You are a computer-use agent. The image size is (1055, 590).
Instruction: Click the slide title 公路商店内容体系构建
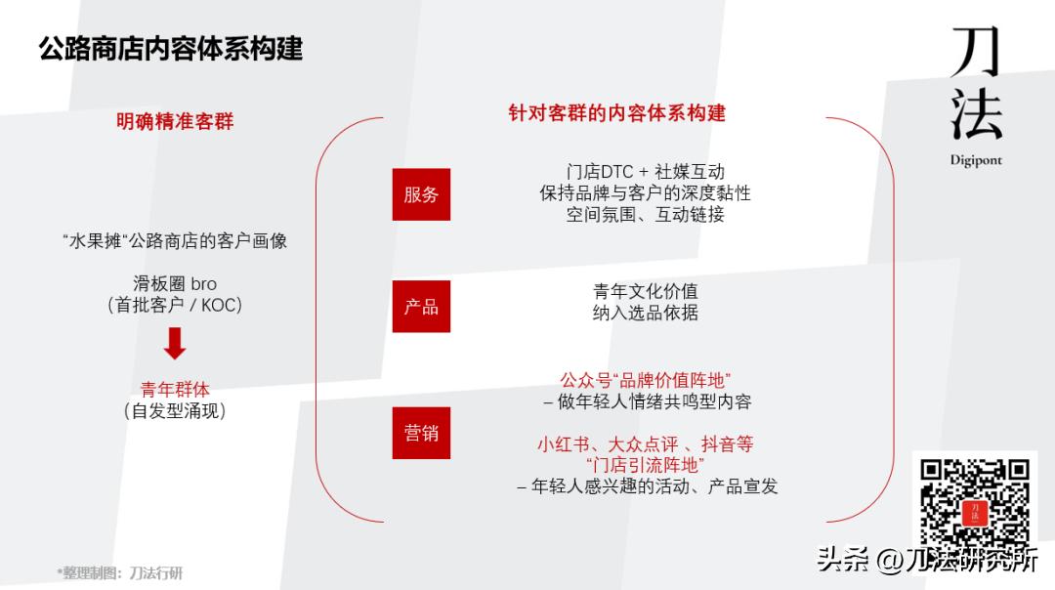[x=171, y=48]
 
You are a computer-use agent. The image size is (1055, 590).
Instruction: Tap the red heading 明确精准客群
[x=175, y=122]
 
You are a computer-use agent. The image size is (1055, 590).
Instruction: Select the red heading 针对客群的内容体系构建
[x=616, y=112]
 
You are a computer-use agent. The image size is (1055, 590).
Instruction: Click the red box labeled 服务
[x=421, y=194]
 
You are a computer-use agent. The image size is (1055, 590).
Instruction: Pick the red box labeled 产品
[x=421, y=307]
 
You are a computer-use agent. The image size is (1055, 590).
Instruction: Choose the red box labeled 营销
[x=421, y=433]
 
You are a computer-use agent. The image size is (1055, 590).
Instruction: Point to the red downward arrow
[x=175, y=344]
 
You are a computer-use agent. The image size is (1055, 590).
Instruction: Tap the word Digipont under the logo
[x=976, y=160]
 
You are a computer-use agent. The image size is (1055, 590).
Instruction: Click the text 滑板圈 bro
[x=175, y=284]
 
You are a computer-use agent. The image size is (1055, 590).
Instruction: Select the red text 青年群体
[x=175, y=390]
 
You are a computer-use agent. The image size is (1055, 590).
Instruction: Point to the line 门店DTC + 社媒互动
[x=645, y=172]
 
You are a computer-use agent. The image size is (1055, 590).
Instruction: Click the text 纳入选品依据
[x=645, y=313]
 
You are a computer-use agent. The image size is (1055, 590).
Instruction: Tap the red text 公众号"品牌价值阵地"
[x=645, y=379]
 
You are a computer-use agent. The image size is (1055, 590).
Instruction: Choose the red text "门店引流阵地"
[x=645, y=465]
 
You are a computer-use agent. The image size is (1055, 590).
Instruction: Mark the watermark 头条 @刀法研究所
[x=927, y=560]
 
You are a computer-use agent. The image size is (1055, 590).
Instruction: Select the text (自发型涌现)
[x=175, y=411]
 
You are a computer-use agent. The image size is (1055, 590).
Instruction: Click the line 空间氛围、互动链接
[x=645, y=215]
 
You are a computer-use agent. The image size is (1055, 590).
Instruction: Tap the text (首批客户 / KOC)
[x=175, y=306]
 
